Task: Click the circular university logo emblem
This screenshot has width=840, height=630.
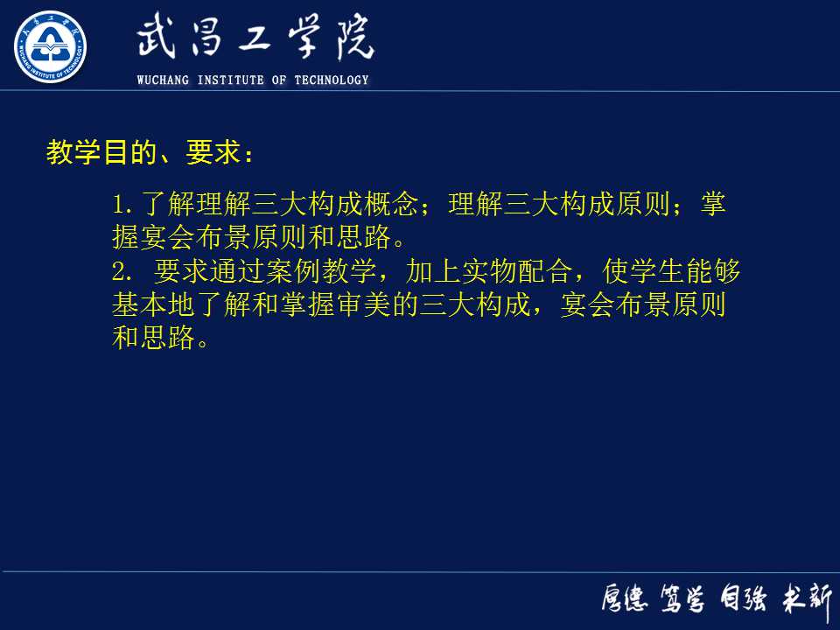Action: tap(51, 46)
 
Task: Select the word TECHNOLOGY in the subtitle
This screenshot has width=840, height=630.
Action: tap(332, 80)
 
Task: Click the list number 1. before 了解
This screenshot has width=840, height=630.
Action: tap(122, 206)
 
